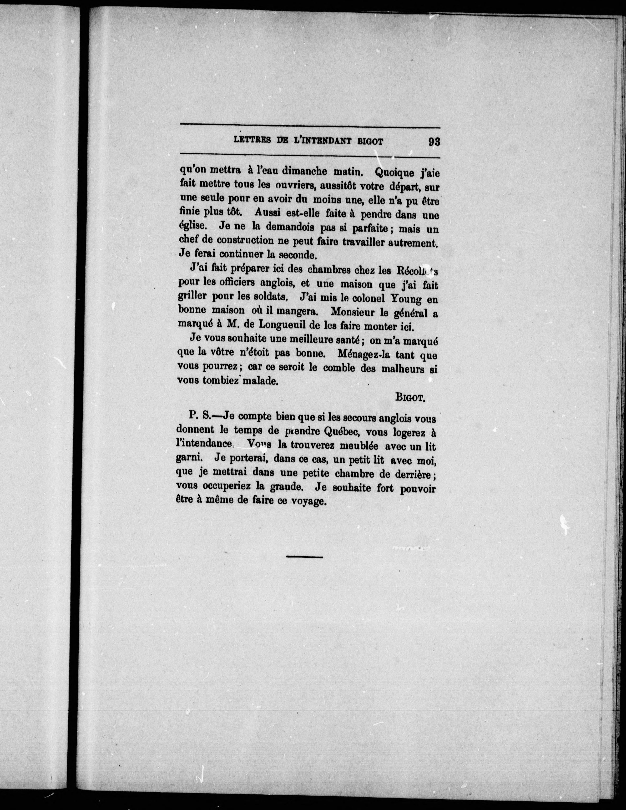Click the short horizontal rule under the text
coord(304,567)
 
